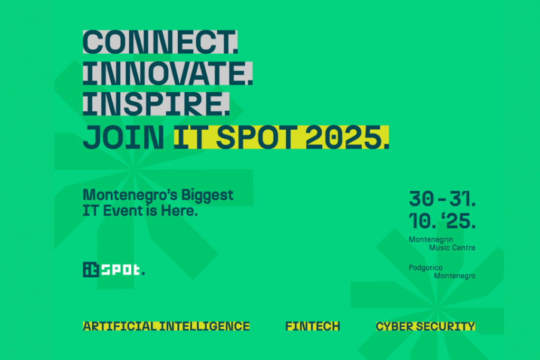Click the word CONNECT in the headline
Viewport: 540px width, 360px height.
[158, 42]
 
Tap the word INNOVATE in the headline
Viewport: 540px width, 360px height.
[165, 73]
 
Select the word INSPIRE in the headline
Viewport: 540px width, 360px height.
[153, 104]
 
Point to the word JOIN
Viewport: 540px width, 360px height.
[123, 138]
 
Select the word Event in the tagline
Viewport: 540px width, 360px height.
[123, 211]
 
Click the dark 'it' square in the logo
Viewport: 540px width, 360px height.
[91, 269]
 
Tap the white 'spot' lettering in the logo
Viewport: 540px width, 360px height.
[121, 270]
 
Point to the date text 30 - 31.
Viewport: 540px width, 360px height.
[442, 199]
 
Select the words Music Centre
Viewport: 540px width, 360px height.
[452, 247]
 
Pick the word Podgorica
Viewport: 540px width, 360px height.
[426, 268]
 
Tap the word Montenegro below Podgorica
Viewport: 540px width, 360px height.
[455, 276]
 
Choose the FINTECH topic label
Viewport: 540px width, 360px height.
[313, 326]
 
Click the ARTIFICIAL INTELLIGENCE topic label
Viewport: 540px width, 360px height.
[166, 326]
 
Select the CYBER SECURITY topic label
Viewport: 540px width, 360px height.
[426, 326]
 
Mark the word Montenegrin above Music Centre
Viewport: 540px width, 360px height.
[431, 239]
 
